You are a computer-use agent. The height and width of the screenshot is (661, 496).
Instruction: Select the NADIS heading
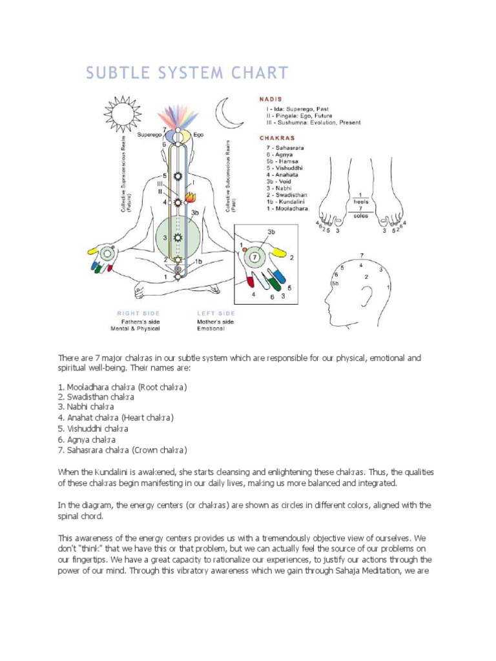coord(271,100)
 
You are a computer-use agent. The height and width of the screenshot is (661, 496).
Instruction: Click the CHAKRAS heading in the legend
coord(276,137)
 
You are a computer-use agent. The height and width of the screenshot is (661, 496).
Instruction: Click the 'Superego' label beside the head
coord(149,135)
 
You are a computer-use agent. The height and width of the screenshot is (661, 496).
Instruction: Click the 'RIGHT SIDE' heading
coord(134,313)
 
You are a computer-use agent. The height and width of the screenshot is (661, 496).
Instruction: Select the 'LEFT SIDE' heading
coord(216,313)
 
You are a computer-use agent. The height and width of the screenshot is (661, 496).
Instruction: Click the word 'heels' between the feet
coord(360,201)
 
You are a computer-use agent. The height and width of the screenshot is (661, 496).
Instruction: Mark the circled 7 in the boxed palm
coord(256,257)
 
